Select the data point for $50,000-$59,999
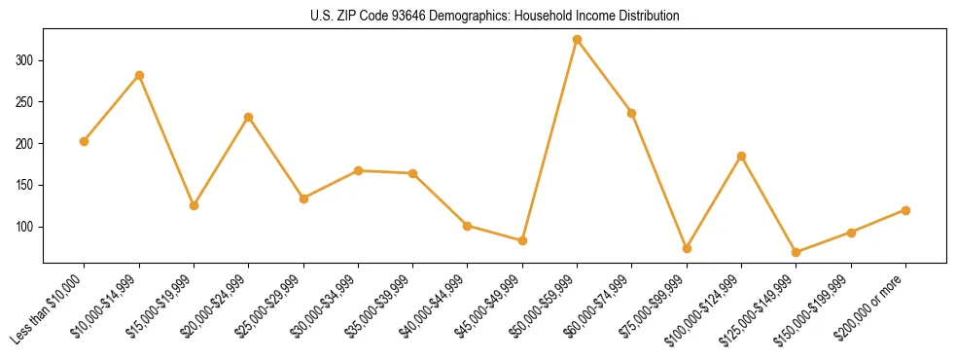point(577,40)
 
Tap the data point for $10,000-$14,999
point(139,75)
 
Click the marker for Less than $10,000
point(84,141)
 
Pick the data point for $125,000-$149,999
point(796,252)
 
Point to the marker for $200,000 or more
point(905,210)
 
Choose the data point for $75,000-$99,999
point(687,248)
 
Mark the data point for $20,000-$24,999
point(248,117)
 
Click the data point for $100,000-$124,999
point(741,156)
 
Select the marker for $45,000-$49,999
point(522,240)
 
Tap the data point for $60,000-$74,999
point(631,113)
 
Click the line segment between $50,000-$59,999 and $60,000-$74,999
point(604,77)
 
